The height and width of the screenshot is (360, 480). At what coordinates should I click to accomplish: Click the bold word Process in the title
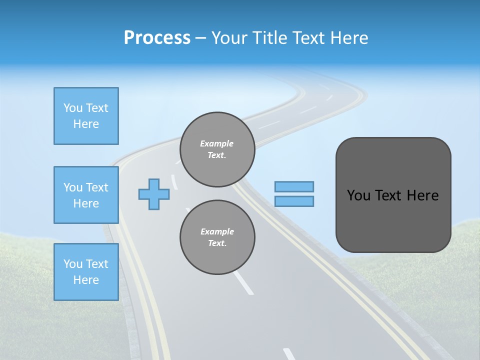[x=157, y=38]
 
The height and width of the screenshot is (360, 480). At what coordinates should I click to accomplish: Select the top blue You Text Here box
[x=86, y=116]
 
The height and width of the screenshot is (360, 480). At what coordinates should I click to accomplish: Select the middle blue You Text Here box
[x=86, y=195]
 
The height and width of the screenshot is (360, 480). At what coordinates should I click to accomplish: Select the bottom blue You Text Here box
[x=86, y=272]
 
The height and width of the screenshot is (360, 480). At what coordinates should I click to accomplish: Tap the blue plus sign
[x=154, y=194]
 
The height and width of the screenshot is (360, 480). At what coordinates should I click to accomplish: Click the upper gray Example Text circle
[x=217, y=149]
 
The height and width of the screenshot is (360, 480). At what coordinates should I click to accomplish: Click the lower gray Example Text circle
[x=217, y=237]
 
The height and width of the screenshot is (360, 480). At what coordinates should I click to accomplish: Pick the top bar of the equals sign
[x=294, y=186]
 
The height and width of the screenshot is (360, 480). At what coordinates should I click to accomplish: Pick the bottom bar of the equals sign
[x=294, y=201]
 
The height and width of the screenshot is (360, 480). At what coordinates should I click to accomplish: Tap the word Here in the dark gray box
[x=422, y=195]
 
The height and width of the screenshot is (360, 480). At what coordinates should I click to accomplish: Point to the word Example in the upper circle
[x=217, y=143]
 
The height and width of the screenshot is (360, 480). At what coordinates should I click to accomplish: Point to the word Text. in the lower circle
[x=217, y=243]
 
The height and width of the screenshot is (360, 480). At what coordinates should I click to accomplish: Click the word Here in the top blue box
[x=86, y=124]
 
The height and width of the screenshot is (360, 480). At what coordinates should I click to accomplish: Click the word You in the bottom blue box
[x=72, y=264]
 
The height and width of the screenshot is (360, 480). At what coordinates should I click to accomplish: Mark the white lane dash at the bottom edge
[x=289, y=353]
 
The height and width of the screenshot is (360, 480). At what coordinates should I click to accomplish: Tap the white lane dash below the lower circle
[x=243, y=283]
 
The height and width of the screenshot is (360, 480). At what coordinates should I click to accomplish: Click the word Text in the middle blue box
[x=97, y=187]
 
